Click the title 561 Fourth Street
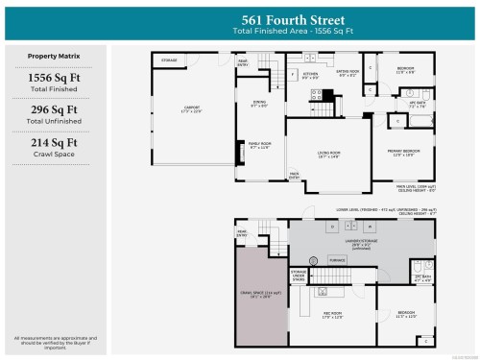[x=293, y=20]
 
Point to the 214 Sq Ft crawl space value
[x=54, y=143]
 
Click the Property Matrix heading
[x=54, y=57]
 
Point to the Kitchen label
[x=310, y=75]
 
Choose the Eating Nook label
[x=347, y=71]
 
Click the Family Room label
[x=260, y=145]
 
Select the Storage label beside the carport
[x=169, y=60]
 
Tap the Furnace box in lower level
[x=337, y=260]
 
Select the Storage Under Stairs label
[x=299, y=276]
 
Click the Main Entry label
[x=294, y=175]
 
